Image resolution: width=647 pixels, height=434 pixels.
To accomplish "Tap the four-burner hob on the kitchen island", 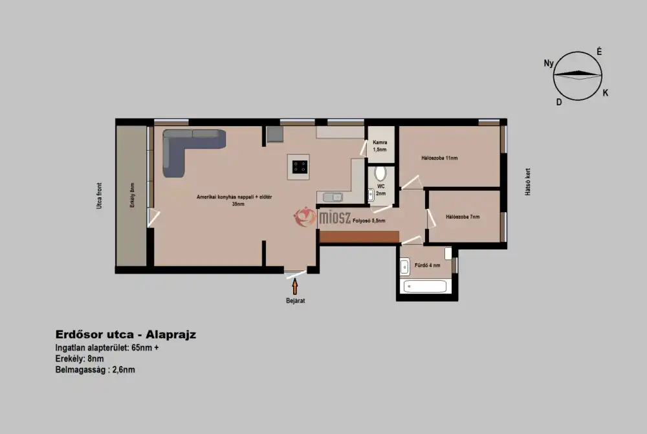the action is tap(300, 167).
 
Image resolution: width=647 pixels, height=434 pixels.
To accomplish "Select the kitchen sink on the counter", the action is tap(333, 198).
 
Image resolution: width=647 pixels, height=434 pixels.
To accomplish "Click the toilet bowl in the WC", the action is tap(380, 173).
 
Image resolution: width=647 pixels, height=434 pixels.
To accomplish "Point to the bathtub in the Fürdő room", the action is tap(425, 287).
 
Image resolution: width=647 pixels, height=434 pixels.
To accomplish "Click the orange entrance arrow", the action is tap(295, 287).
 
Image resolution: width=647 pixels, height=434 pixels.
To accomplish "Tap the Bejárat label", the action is tap(296, 301).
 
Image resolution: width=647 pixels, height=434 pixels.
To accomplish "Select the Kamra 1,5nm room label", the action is tap(380, 146).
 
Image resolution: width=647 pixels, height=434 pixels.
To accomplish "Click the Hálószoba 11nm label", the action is tap(439, 158).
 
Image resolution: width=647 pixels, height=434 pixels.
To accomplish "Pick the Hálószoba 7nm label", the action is tap(463, 217).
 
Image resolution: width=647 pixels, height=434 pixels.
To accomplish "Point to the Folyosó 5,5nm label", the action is tap(369, 221).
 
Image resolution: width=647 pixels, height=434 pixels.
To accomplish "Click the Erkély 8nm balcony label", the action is tap(132, 195).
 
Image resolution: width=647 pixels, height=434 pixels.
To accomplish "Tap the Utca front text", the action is tap(99, 195).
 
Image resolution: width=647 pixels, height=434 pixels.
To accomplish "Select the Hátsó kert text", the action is tap(528, 182).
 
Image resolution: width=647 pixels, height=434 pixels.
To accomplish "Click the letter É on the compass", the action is tap(599, 52).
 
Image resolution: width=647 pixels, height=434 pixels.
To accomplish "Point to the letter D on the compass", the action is tap(559, 102).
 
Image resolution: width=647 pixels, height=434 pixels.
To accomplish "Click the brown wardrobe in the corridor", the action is tap(359, 236).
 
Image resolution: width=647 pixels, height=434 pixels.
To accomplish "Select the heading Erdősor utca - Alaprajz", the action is tap(126, 334).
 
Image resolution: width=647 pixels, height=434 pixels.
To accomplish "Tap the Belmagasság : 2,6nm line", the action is tap(95, 369).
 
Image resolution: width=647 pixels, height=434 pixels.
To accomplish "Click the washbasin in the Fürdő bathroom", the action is tap(404, 266).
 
